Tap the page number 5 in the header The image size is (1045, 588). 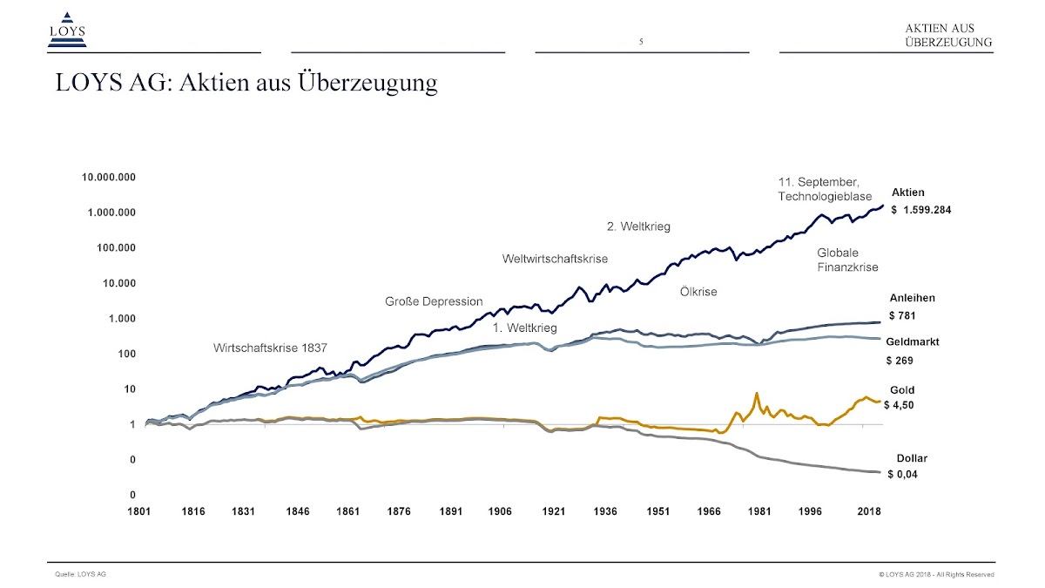pyautogui.click(x=641, y=42)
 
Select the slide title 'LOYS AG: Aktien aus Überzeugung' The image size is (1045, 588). pyautogui.click(x=246, y=84)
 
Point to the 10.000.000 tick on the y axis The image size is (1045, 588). pyautogui.click(x=109, y=178)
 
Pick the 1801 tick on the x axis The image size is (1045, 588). pyautogui.click(x=139, y=512)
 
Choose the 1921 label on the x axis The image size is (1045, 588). pyautogui.click(x=554, y=512)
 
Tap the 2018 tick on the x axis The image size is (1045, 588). pyautogui.click(x=868, y=512)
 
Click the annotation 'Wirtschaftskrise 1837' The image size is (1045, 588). pyautogui.click(x=270, y=348)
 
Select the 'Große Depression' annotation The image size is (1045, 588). pyautogui.click(x=434, y=301)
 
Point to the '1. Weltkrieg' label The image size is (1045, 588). pyautogui.click(x=524, y=328)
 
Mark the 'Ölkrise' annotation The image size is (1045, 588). pyautogui.click(x=698, y=292)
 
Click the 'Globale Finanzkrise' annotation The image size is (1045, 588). pyautogui.click(x=847, y=260)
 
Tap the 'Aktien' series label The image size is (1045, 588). pyautogui.click(x=908, y=193)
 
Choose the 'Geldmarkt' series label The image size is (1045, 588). pyautogui.click(x=913, y=342)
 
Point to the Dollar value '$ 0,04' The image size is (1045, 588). pyautogui.click(x=903, y=475)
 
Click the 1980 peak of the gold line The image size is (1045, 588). pyautogui.click(x=757, y=394)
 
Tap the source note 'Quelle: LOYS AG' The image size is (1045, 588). pyautogui.click(x=80, y=574)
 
